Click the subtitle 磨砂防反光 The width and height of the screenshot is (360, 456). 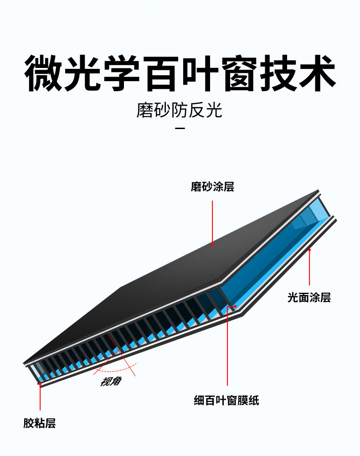(x=180, y=111)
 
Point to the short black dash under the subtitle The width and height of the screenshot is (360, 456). (x=180, y=129)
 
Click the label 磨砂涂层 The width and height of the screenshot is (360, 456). (x=212, y=187)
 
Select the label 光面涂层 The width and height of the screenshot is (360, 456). (x=309, y=298)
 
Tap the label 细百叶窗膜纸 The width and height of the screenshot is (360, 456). (x=226, y=401)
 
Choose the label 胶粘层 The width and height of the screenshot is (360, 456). (x=40, y=424)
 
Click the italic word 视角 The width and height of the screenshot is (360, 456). (x=111, y=381)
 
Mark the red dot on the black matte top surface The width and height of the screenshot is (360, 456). (x=212, y=244)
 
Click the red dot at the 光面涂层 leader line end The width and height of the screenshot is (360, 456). (x=309, y=249)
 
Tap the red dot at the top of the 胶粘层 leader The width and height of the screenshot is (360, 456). (x=40, y=384)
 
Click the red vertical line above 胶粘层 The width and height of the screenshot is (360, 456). (x=40, y=399)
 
